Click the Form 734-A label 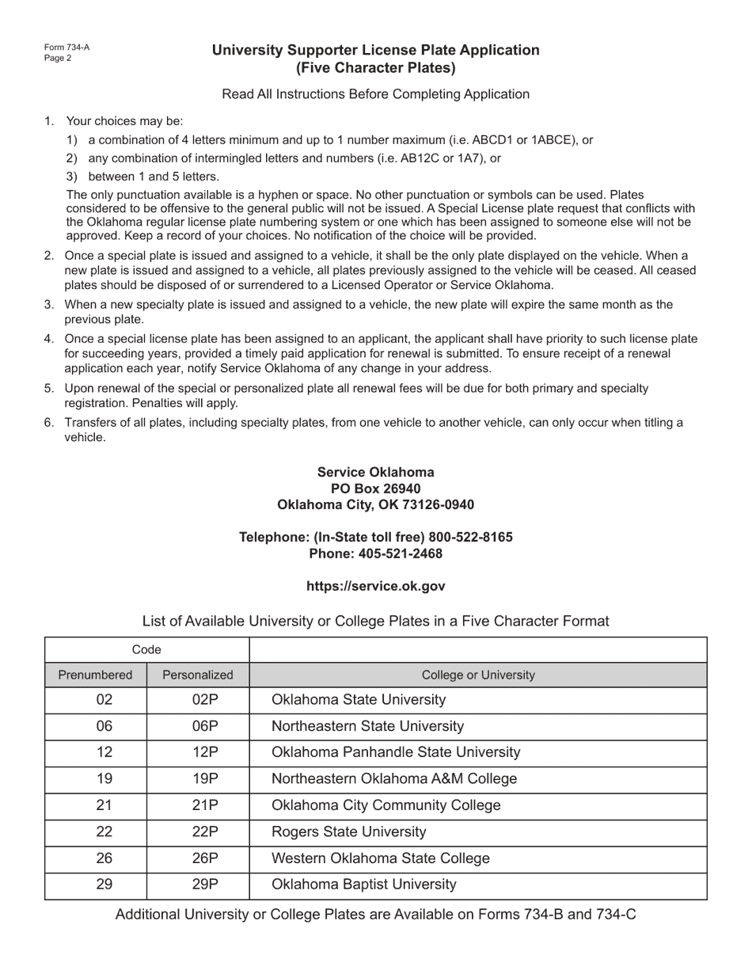[66, 48]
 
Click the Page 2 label [58, 58]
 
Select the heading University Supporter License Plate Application [375, 51]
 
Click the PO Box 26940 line [375, 489]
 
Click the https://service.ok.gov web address [375, 587]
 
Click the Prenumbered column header [95, 675]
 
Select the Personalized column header [198, 675]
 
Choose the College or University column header [478, 675]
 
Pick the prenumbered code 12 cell [104, 752]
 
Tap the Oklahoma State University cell [359, 700]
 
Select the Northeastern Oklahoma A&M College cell [394, 778]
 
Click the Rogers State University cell [349, 831]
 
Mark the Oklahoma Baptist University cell [364, 885]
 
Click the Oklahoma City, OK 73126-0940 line [375, 505]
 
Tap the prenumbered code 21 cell [104, 805]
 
